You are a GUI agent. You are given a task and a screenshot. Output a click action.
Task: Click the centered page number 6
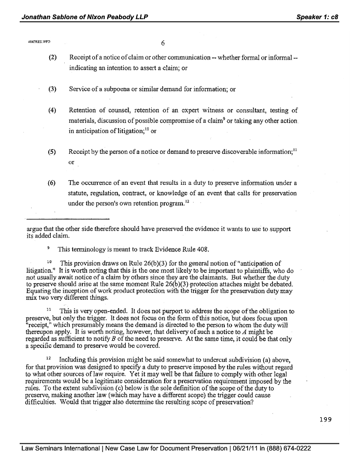point(163,43)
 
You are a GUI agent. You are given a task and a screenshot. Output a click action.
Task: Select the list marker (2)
point(52,56)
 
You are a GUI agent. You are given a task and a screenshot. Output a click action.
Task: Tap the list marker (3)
point(52,89)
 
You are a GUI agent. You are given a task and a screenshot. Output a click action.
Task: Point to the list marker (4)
point(52,110)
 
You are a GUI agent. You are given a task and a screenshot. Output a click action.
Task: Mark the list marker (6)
point(52,183)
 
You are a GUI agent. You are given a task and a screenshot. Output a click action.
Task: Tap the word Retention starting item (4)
point(83,110)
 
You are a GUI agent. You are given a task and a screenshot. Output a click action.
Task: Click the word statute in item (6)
point(79,193)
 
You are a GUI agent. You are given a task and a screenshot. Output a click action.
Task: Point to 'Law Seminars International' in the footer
point(60,448)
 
